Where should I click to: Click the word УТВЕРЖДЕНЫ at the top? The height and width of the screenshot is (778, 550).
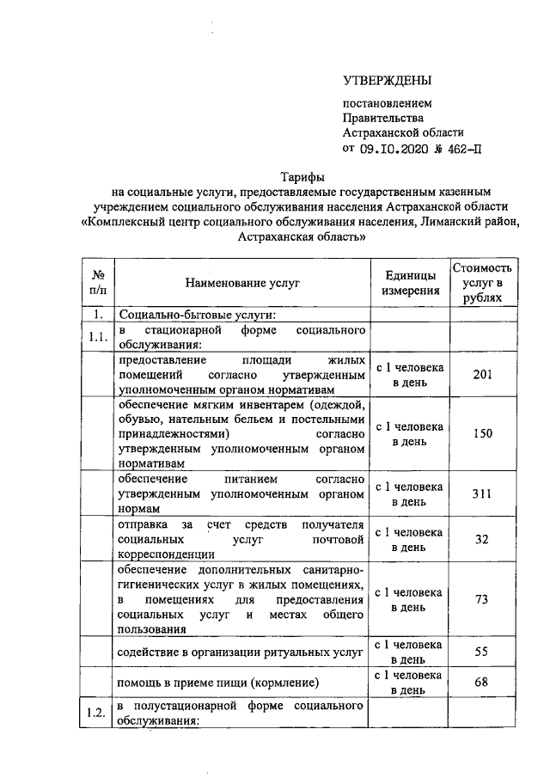(386, 82)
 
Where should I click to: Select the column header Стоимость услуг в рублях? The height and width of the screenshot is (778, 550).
(487, 282)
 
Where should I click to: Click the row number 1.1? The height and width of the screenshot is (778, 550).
(97, 338)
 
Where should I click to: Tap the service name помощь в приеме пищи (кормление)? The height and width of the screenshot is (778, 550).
(219, 683)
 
